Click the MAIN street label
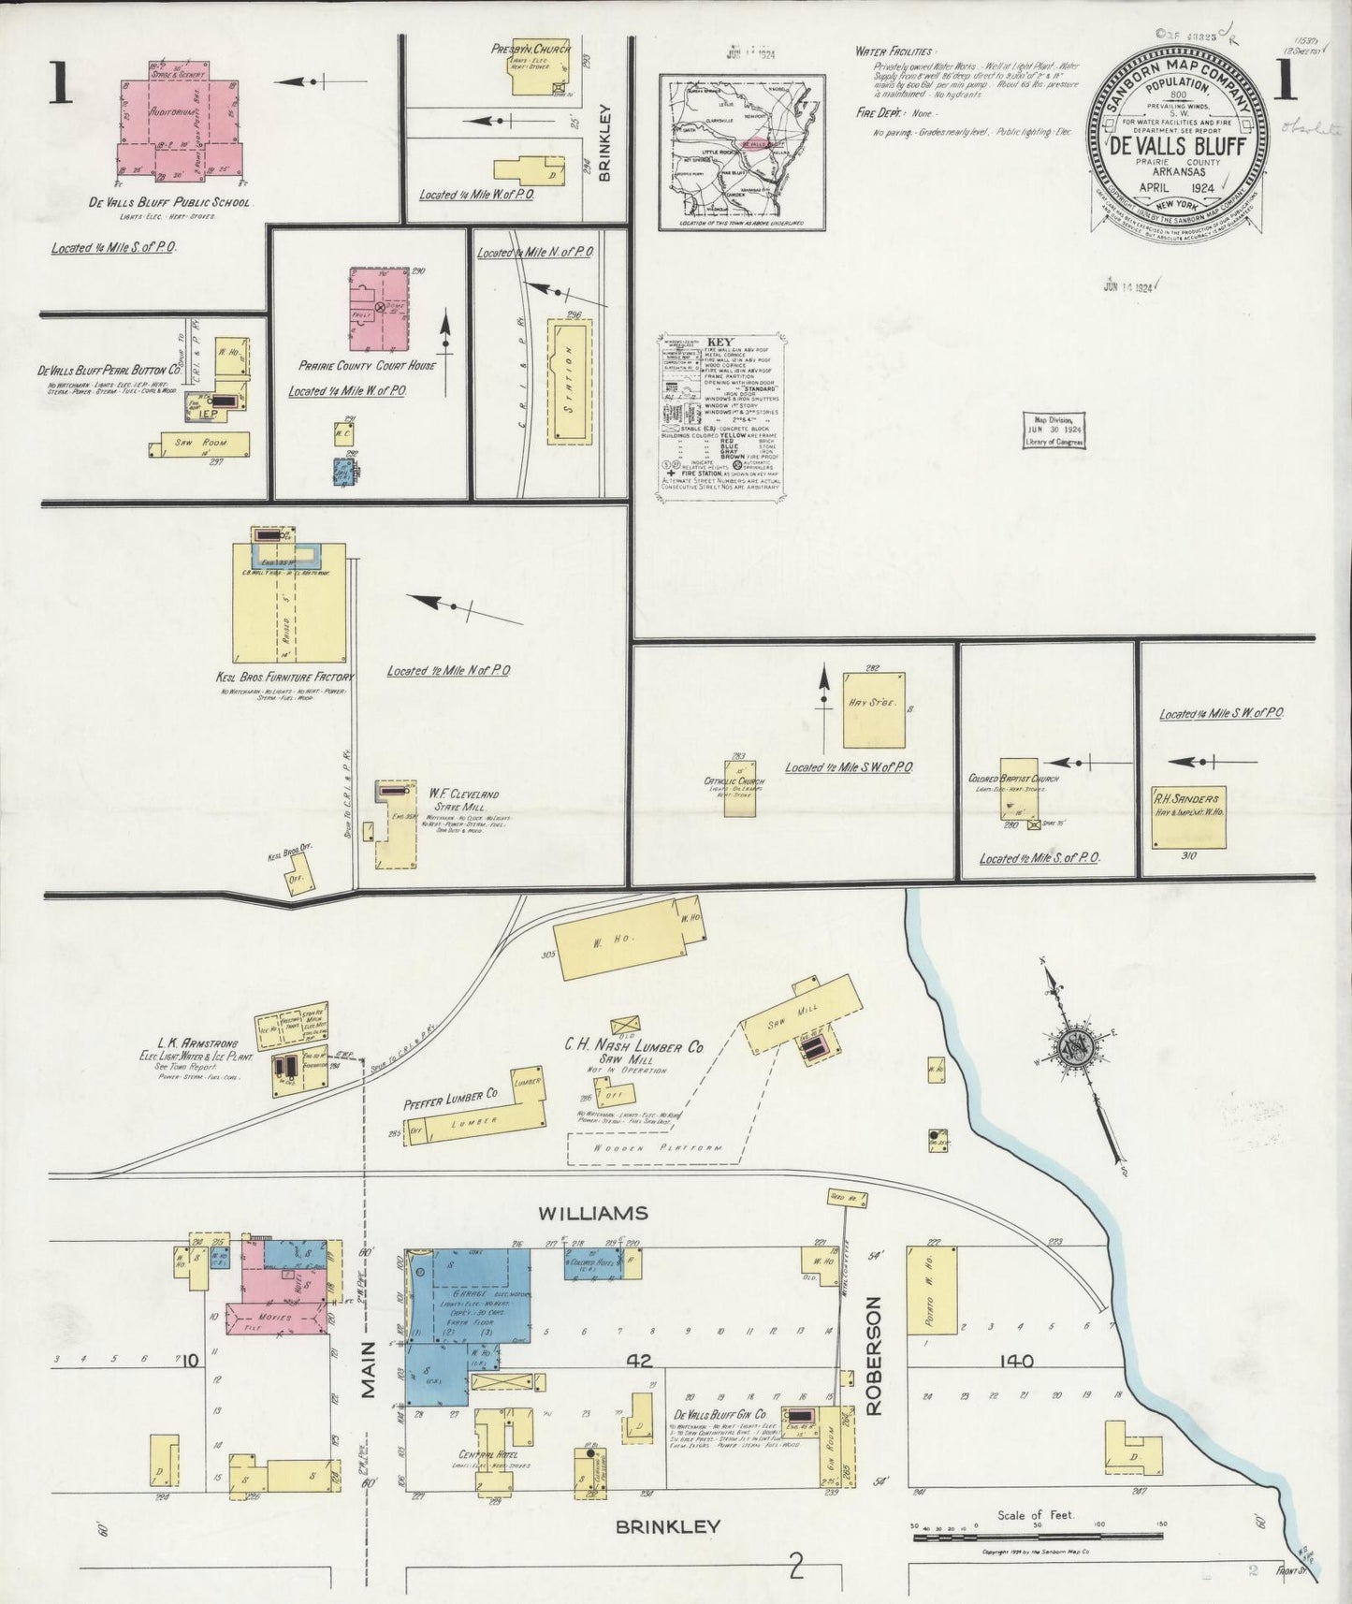[x=369, y=1370]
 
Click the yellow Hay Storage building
[x=873, y=709]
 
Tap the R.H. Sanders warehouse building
[x=1188, y=816]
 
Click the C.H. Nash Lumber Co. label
[x=633, y=1048]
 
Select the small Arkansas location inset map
[x=742, y=152]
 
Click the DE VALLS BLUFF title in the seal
[x=1176, y=148]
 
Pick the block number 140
[x=1016, y=1361]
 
